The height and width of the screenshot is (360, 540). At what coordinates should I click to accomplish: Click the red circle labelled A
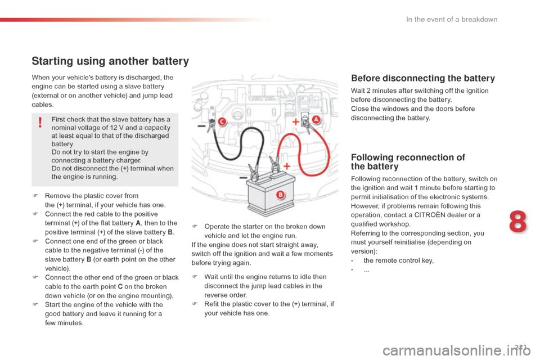(x=316, y=120)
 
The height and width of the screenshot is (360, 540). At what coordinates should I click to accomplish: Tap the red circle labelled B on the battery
(x=280, y=195)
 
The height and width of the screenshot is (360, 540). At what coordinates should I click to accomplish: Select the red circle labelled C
(x=222, y=121)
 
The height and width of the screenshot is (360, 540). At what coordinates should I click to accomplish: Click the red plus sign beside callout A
(x=295, y=121)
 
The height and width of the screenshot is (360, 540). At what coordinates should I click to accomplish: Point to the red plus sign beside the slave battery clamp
(x=286, y=166)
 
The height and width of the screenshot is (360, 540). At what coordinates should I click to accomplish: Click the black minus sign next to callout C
(x=201, y=127)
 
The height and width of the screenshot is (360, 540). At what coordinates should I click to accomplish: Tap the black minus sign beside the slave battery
(x=243, y=178)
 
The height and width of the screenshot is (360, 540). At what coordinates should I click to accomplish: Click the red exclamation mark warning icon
(x=40, y=122)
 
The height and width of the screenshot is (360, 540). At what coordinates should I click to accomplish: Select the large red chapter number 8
(x=518, y=222)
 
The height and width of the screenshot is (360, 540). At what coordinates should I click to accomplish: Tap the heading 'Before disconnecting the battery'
(x=423, y=78)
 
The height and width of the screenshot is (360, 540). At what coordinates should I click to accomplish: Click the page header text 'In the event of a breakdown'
(x=452, y=19)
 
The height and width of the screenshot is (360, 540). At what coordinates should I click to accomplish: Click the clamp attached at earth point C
(x=211, y=123)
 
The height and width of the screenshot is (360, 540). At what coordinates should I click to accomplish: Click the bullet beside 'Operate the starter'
(x=195, y=226)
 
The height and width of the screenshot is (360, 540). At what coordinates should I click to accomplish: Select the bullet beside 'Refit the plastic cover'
(x=195, y=304)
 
